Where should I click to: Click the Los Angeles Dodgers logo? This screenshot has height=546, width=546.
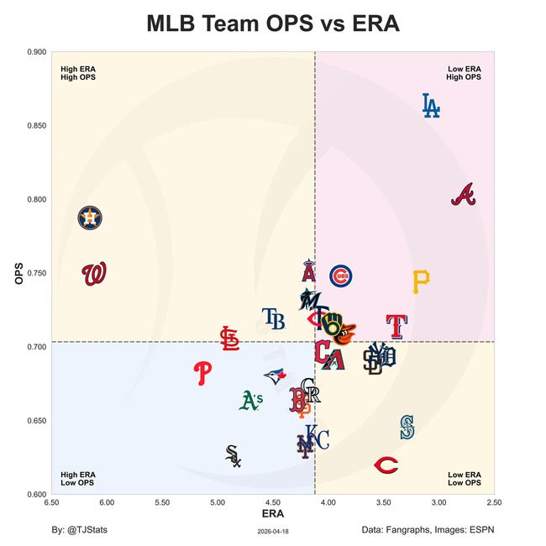coord(430,105)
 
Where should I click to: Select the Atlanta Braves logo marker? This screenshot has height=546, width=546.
coord(464,195)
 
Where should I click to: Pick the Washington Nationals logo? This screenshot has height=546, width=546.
coord(94,274)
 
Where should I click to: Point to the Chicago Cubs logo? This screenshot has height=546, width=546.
coord(340,276)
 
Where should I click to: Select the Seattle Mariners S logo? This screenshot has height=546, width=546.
coord(407,427)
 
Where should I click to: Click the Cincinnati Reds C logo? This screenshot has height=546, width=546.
coord(386,465)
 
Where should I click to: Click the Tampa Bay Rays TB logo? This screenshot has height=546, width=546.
coord(273,318)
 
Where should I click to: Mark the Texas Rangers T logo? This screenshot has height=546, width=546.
coord(396,326)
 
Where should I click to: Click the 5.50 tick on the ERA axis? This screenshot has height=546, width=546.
coord(162,503)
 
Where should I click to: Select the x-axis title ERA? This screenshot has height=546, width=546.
coord(272,512)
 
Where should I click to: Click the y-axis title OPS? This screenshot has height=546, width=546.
coord(19,274)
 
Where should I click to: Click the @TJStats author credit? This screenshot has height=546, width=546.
coord(79,530)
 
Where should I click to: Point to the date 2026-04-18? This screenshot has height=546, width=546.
coord(272,531)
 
